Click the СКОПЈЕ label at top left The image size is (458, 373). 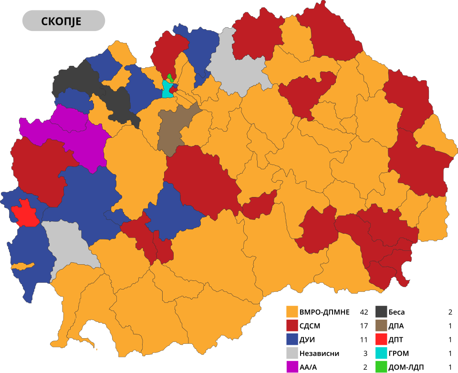tap(63, 21)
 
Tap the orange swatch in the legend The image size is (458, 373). tap(292, 312)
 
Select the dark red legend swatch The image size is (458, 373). tap(292, 326)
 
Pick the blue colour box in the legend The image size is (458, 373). tap(292, 339)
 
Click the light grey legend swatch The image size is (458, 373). tap(292, 353)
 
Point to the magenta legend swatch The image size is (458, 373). tap(292, 366)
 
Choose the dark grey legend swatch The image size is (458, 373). tap(381, 312)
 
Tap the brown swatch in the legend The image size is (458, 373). tap(381, 326)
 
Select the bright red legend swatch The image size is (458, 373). tap(381, 339)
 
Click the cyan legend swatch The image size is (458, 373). tap(381, 353)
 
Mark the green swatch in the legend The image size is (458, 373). tap(381, 366)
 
